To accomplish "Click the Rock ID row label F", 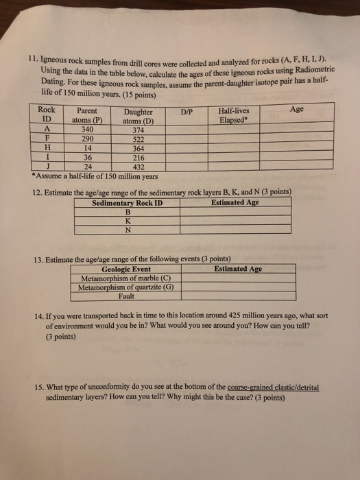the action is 47,136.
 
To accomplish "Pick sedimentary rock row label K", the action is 127,220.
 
